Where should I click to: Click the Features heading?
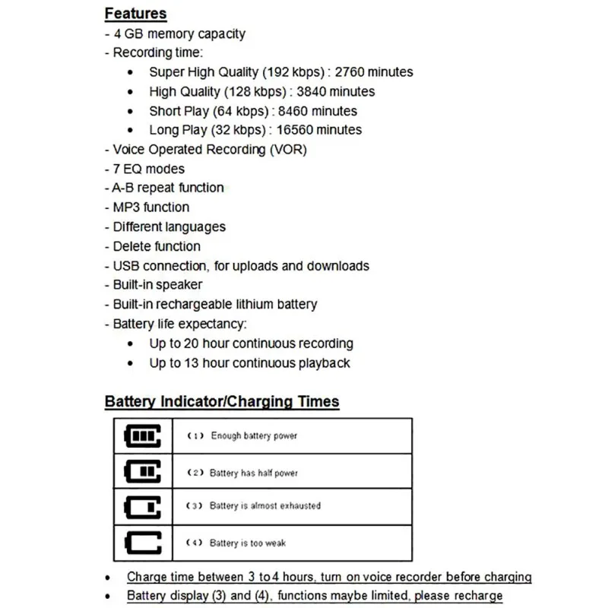135,14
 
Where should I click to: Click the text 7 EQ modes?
148,169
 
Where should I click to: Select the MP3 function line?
150,207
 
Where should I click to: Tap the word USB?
126,266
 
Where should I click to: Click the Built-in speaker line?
157,285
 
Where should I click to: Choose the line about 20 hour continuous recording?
251,344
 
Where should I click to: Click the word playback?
325,363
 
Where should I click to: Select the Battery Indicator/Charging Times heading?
222,402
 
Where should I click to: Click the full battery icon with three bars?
142,435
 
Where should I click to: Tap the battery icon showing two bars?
142,472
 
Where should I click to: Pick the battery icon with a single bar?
142,507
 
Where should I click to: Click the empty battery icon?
142,543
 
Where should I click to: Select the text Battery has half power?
253,473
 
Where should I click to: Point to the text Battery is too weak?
247,543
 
